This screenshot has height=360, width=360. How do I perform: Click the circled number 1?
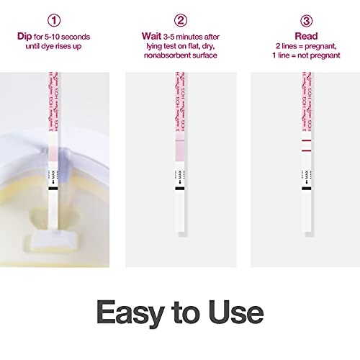[x=54, y=19]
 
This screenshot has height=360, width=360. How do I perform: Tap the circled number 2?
[x=181, y=19]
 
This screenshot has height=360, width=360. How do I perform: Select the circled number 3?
[x=306, y=19]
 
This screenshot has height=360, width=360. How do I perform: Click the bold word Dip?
[x=24, y=35]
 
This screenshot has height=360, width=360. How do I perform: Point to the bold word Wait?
[x=150, y=35]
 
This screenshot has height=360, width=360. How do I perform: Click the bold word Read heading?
[x=306, y=35]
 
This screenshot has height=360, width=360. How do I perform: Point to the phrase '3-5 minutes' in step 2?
[x=179, y=35]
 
